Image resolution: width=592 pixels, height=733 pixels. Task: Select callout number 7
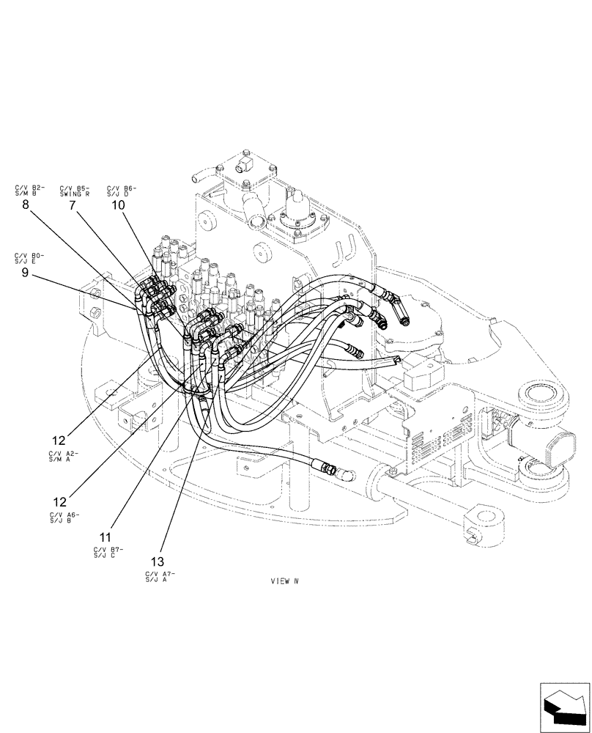tap(73, 206)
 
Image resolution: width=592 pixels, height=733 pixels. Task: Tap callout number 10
tap(118, 206)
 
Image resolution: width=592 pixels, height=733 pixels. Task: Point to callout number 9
tap(25, 272)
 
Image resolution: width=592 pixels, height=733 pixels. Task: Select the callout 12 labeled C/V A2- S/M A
tap(59, 441)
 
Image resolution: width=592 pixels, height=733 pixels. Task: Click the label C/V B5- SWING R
tap(75, 191)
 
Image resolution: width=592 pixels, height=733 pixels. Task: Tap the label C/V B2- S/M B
tap(29, 191)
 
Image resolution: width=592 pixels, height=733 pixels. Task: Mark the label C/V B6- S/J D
tap(121, 191)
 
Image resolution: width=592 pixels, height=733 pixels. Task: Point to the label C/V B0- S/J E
tap(29, 257)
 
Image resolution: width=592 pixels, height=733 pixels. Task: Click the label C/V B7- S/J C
tap(109, 551)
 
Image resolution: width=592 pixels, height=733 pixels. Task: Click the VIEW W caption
tap(285, 581)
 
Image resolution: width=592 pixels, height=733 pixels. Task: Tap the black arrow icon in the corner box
tap(564, 705)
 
